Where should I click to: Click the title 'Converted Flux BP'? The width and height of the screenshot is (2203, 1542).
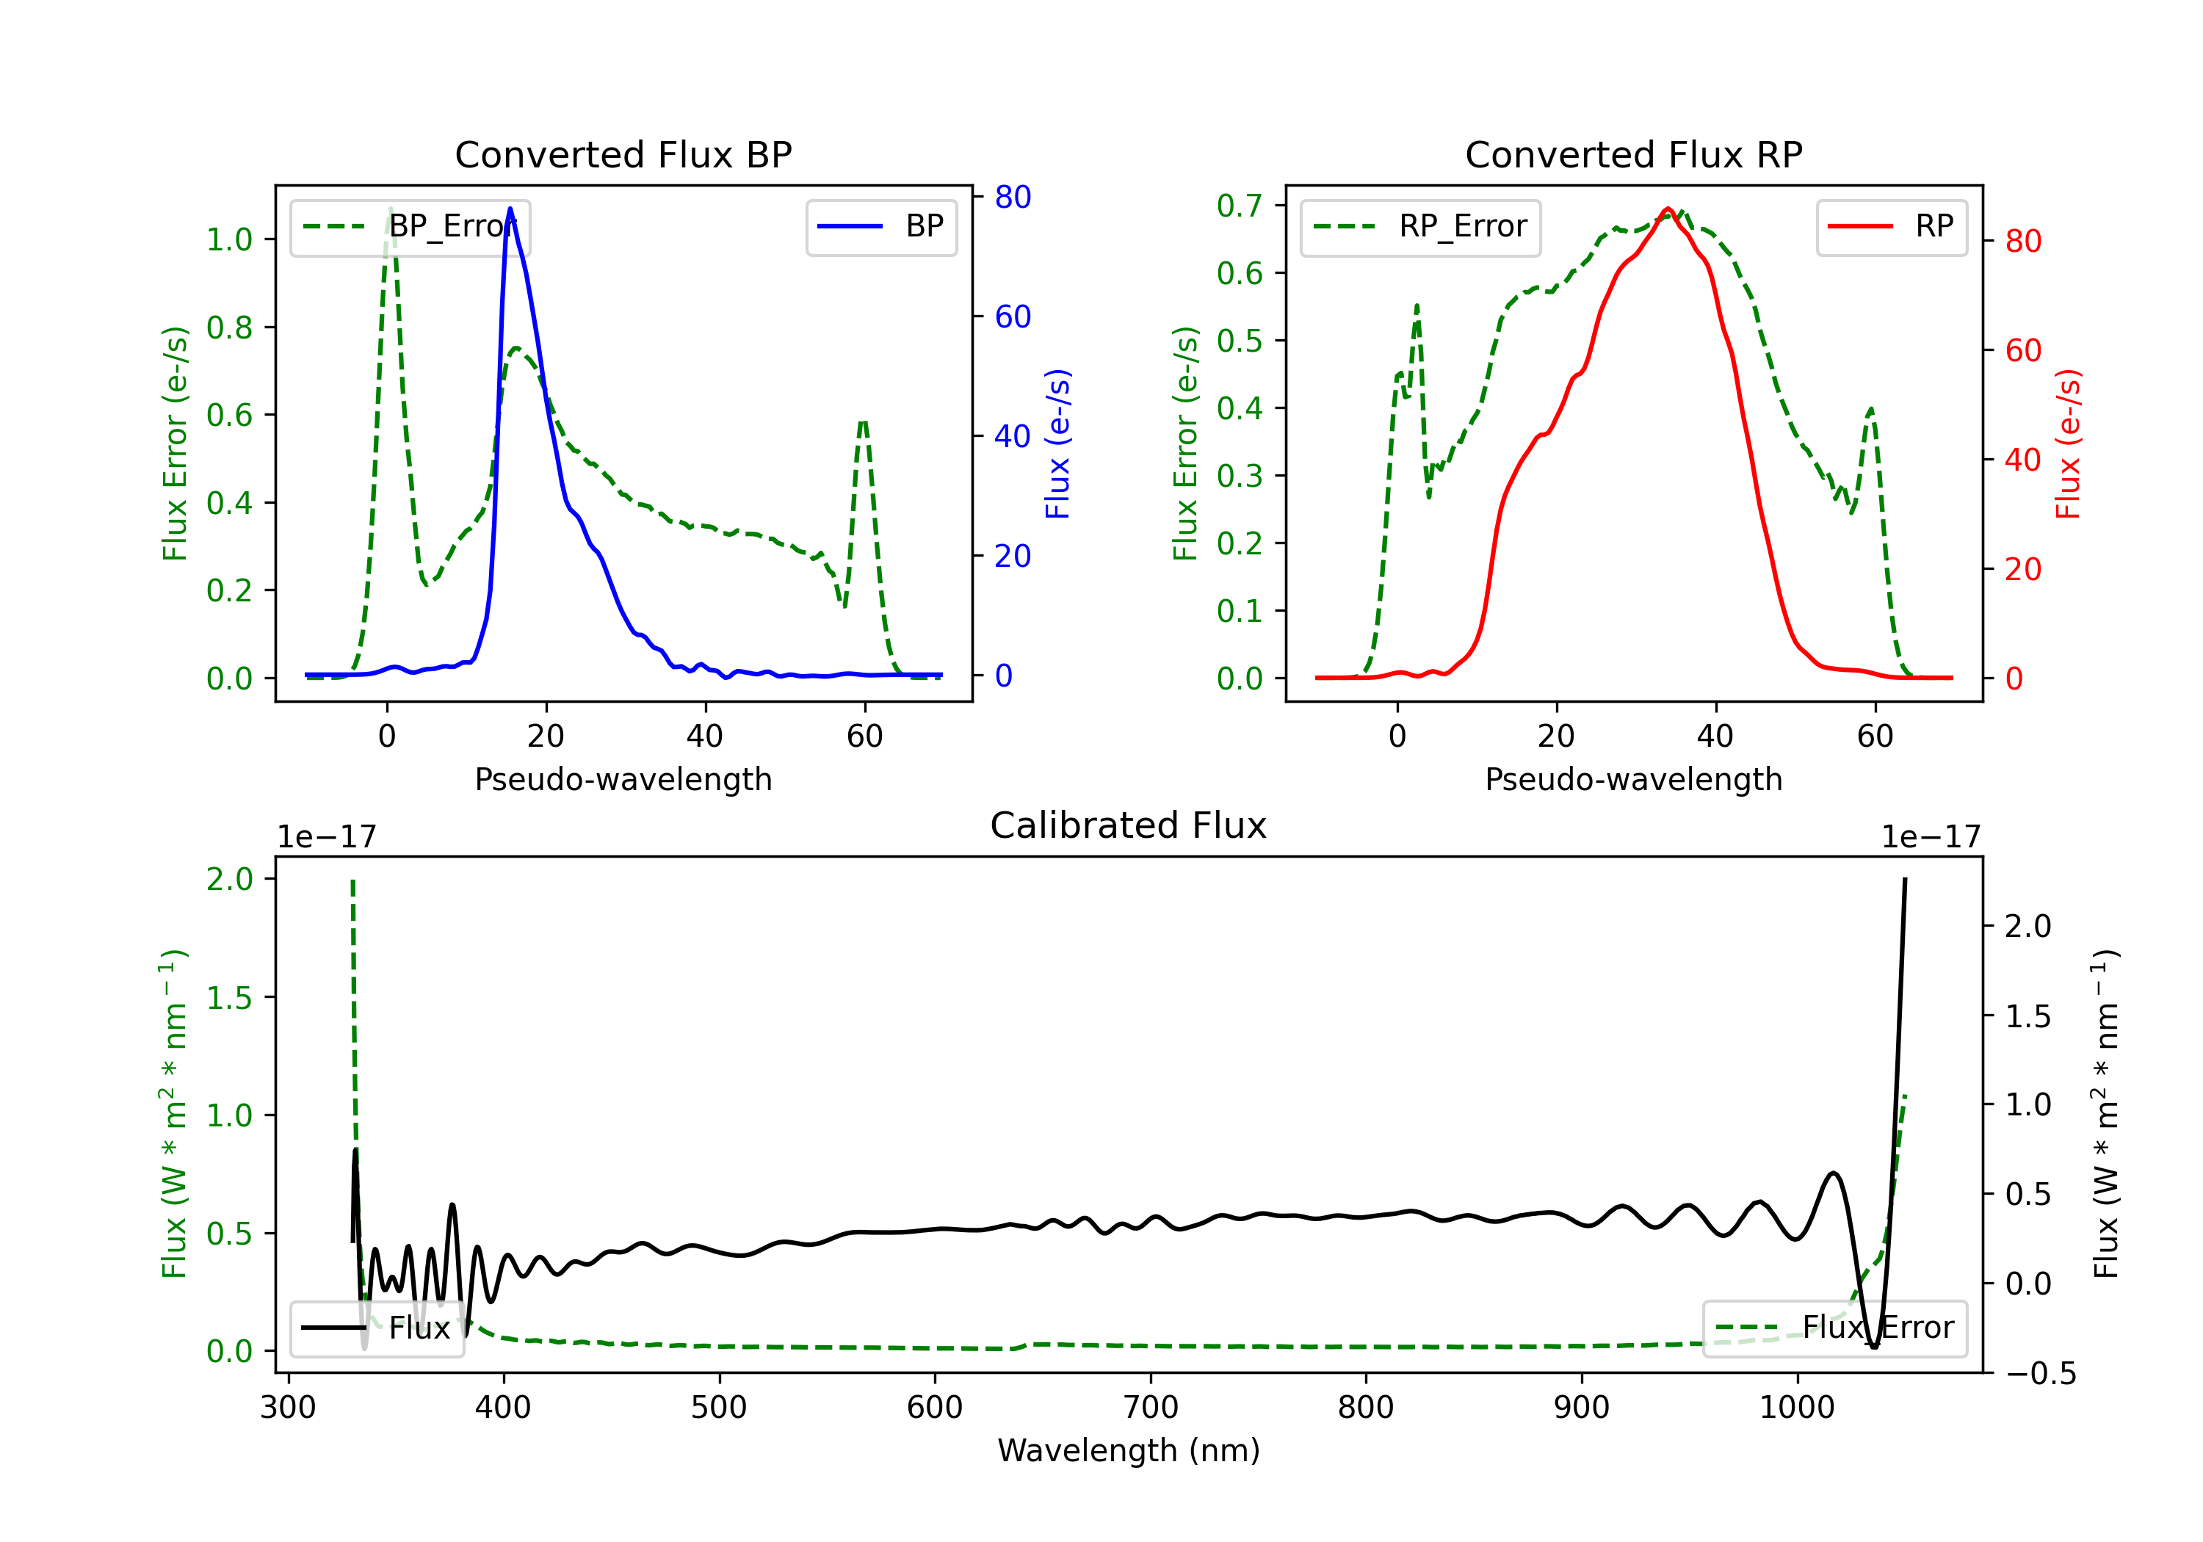(x=623, y=154)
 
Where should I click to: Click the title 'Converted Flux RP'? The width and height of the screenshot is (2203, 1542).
(x=1633, y=154)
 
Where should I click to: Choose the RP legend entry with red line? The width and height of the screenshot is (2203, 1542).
(x=1890, y=226)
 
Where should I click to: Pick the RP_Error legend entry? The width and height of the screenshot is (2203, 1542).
(x=1420, y=226)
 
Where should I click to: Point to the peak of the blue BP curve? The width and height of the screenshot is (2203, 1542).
(x=510, y=209)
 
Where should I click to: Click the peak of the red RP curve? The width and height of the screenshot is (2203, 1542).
(x=1668, y=209)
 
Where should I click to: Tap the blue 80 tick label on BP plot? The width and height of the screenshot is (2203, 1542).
(x=1012, y=197)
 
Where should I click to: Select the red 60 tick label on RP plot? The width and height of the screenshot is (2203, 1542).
(x=2022, y=350)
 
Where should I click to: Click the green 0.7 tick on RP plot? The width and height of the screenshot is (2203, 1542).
(x=1239, y=206)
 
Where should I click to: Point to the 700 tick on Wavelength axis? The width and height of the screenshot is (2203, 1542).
(x=1151, y=1408)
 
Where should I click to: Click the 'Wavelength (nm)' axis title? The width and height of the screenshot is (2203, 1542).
(x=1129, y=1450)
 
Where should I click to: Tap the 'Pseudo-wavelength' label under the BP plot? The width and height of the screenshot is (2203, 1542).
(x=623, y=779)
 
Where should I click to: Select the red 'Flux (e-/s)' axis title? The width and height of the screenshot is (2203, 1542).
(x=2068, y=444)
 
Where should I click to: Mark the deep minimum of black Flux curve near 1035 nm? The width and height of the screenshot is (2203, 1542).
(x=1874, y=1346)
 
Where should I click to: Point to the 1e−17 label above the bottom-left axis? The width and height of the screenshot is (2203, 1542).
(x=326, y=837)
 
